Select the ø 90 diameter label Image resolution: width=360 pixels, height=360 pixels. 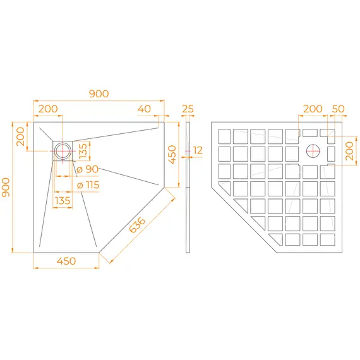coord(87,169)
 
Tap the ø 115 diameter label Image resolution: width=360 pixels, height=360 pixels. coord(88,185)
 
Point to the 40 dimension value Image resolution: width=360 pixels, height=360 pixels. coord(144,109)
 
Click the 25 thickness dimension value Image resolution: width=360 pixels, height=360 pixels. coord(188,109)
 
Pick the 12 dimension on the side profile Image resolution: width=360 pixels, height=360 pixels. coord(198,150)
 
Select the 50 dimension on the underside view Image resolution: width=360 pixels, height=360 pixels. coord(338,109)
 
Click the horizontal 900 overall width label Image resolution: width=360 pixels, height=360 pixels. coord(99,93)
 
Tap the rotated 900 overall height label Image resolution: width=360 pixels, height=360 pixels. coord(6,187)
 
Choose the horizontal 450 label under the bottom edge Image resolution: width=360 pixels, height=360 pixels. coord(66,261)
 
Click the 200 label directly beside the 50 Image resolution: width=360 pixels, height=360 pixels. coord(312,109)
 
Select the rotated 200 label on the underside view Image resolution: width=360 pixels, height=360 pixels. coord(349,151)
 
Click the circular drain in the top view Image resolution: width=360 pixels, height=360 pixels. coord(63,150)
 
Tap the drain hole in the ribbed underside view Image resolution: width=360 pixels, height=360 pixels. coord(313,150)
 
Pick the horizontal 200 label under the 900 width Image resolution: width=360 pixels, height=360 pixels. coord(47,109)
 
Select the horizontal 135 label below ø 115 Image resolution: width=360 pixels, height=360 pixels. coord(63,201)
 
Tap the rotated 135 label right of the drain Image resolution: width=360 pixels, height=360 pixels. coord(83,151)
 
